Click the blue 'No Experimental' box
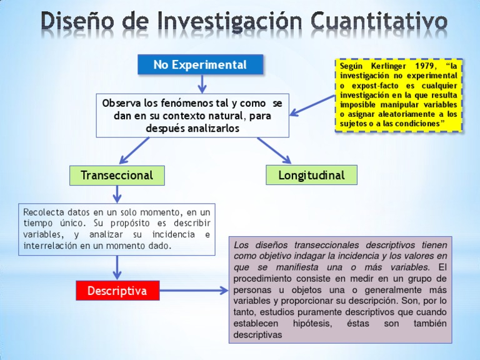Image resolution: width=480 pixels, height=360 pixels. [200, 64]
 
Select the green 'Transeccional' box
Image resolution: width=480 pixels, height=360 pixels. [117, 175]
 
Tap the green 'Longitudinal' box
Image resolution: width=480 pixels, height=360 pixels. [311, 175]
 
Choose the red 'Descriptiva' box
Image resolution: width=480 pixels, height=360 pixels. [117, 291]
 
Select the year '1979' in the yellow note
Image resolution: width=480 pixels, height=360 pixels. [425, 66]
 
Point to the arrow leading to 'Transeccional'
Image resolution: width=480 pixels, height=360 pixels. [134, 151]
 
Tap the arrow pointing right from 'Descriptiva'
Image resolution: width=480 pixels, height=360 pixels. [194, 291]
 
